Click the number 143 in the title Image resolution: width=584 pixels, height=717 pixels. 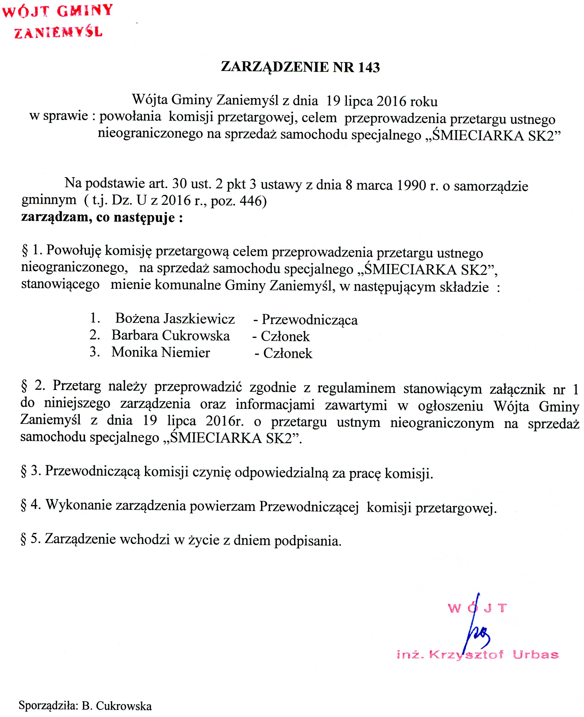pyautogui.click(x=369, y=67)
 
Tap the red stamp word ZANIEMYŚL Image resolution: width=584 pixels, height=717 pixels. pyautogui.click(x=58, y=33)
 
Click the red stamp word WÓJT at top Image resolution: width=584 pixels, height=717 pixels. pyautogui.click(x=26, y=11)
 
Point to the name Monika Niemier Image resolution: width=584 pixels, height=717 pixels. pyautogui.click(x=161, y=352)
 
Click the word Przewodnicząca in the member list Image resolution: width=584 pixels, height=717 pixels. pyautogui.click(x=310, y=320)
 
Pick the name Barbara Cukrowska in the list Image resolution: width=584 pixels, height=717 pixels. pyautogui.click(x=171, y=336)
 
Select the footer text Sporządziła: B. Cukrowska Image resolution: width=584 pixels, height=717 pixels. pyautogui.click(x=85, y=706)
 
